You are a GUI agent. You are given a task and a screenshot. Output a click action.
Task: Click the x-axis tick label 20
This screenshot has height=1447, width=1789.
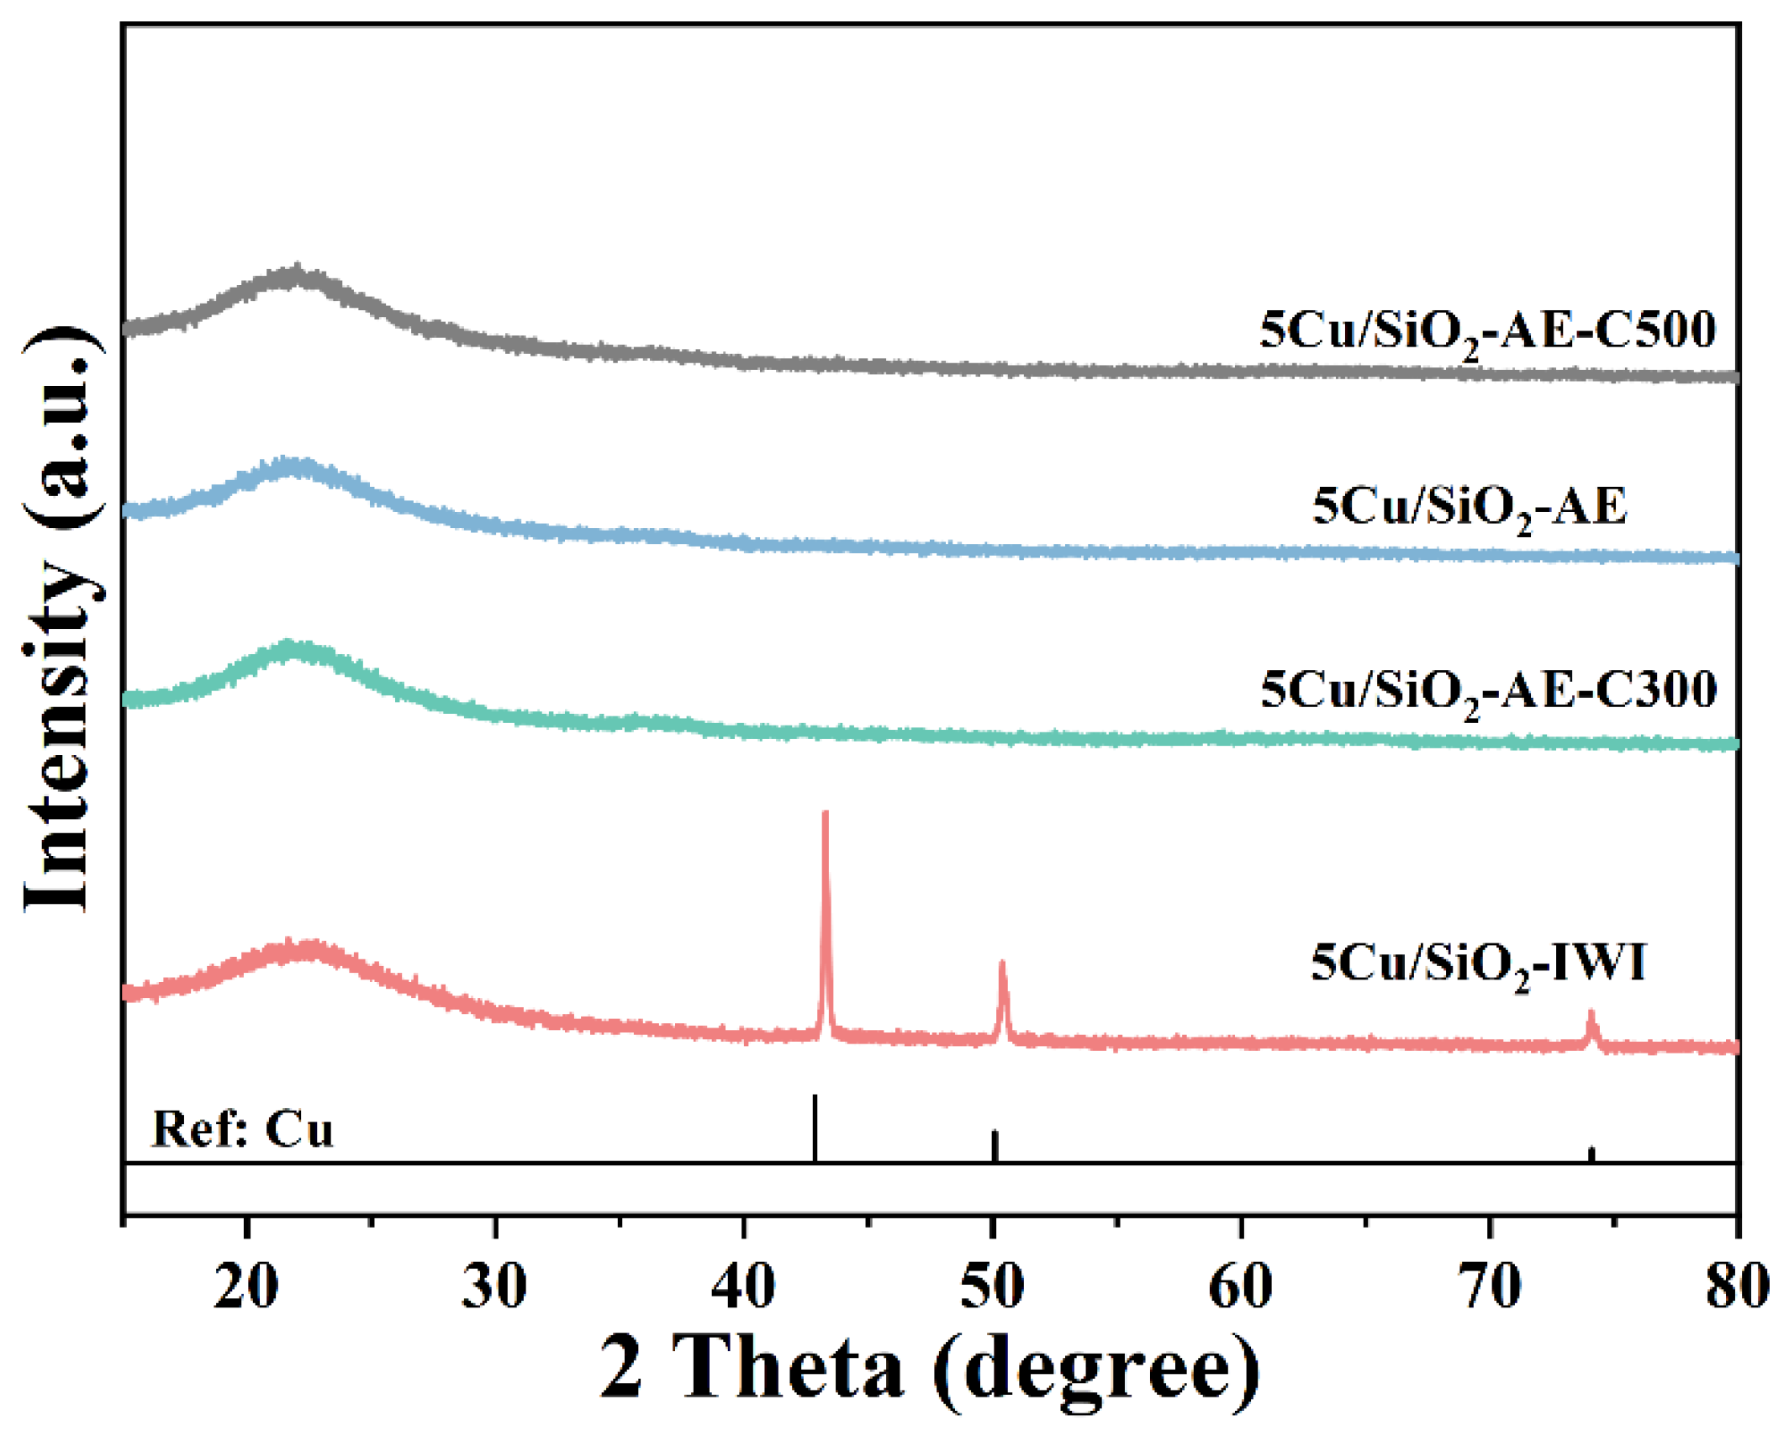245,1287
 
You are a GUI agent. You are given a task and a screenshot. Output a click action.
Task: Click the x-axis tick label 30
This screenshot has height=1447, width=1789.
495,1287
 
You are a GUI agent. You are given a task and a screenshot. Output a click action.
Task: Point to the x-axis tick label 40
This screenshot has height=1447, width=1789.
744,1287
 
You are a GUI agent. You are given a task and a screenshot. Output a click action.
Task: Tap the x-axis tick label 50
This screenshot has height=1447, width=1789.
993,1287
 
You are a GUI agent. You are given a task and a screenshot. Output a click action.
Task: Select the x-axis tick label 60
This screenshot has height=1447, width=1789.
1241,1287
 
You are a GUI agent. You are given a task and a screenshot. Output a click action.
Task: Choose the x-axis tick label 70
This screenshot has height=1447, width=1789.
1490,1287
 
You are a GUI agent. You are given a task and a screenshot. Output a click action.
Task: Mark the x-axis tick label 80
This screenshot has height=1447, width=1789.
1737,1287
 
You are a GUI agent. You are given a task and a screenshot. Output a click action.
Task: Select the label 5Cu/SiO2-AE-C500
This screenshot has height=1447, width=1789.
1487,330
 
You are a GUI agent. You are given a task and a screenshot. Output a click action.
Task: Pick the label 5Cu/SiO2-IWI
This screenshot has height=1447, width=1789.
1478,964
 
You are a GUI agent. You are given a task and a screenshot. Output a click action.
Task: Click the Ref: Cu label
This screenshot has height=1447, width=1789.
242,1130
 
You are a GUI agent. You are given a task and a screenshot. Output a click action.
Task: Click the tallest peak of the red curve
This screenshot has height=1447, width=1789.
825,814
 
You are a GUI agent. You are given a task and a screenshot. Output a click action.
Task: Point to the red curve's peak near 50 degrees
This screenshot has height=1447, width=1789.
1002,964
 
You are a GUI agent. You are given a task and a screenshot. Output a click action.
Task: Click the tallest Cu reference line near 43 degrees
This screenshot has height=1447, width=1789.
814,1127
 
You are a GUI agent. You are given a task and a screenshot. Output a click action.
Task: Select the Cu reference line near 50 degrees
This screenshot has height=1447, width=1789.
995,1145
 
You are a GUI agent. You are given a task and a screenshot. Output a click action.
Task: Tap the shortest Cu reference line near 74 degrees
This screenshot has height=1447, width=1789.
1591,1154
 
